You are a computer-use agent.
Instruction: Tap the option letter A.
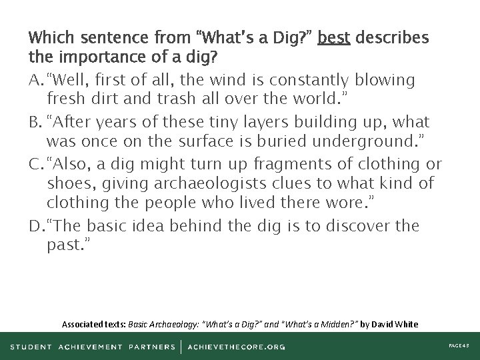[x=35, y=81]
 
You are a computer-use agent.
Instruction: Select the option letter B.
[x=35, y=123]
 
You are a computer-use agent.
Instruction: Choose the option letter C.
[x=35, y=165]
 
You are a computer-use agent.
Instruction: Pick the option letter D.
[x=35, y=227]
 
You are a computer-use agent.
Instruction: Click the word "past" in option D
[x=65, y=247]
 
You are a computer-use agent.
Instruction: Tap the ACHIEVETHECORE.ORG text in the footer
[x=237, y=347]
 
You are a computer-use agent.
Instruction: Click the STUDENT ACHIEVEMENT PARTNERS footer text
[x=93, y=347]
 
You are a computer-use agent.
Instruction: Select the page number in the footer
[x=458, y=347]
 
